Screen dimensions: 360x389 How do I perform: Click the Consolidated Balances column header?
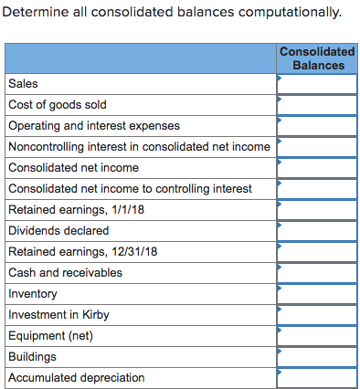pyautogui.click(x=317, y=58)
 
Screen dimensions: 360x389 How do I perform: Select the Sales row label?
pyautogui.click(x=23, y=83)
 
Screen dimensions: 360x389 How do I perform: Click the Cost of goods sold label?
pyautogui.click(x=57, y=104)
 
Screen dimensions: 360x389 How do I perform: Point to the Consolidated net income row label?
pyautogui.click(x=73, y=167)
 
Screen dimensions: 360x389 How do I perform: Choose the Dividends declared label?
pyautogui.click(x=58, y=230)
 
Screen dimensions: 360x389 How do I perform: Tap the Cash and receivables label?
pyautogui.click(x=65, y=272)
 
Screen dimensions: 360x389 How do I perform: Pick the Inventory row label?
pyautogui.click(x=32, y=293)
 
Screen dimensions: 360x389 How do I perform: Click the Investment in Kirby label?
pyautogui.click(x=57, y=314)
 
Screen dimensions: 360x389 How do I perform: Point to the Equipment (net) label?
pyautogui.click(x=50, y=335)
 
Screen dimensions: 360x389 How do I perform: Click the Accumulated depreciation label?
pyautogui.click(x=76, y=377)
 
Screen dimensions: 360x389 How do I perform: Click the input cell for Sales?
pyautogui.click(x=317, y=83)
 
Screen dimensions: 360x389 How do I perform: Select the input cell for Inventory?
pyautogui.click(x=317, y=293)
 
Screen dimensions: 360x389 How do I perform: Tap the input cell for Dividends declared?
pyautogui.click(x=317, y=230)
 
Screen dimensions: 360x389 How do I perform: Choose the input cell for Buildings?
pyautogui.click(x=317, y=356)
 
